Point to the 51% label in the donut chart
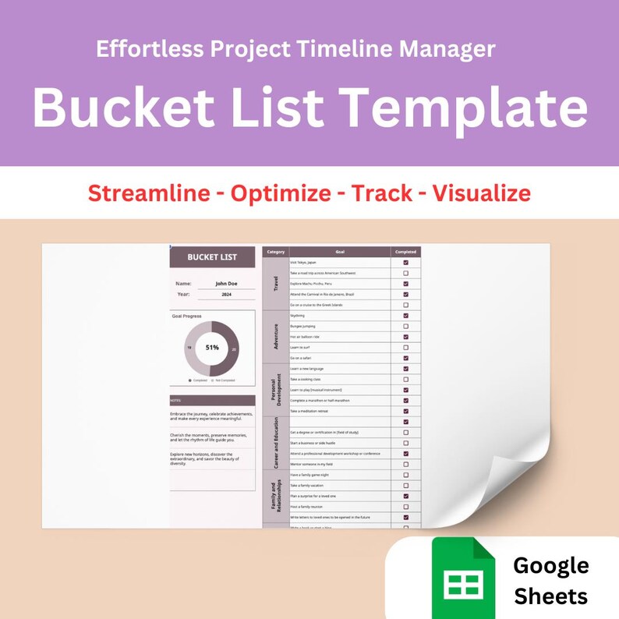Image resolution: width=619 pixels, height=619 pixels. tap(212, 348)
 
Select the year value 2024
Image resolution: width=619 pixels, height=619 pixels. tap(225, 295)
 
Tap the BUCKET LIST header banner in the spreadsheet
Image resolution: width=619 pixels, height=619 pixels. tap(212, 256)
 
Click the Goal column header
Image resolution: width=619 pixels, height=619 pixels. tap(340, 252)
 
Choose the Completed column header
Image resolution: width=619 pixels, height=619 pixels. tap(405, 252)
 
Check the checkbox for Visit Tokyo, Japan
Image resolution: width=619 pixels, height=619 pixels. tap(405, 263)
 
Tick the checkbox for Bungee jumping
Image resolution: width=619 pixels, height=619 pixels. tap(405, 326)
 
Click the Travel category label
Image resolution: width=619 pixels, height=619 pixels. tap(275, 284)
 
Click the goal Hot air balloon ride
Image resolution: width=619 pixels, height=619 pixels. tap(305, 337)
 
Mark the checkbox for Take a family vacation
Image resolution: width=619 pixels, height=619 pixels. tap(405, 485)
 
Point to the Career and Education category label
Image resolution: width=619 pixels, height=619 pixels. tap(275, 442)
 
